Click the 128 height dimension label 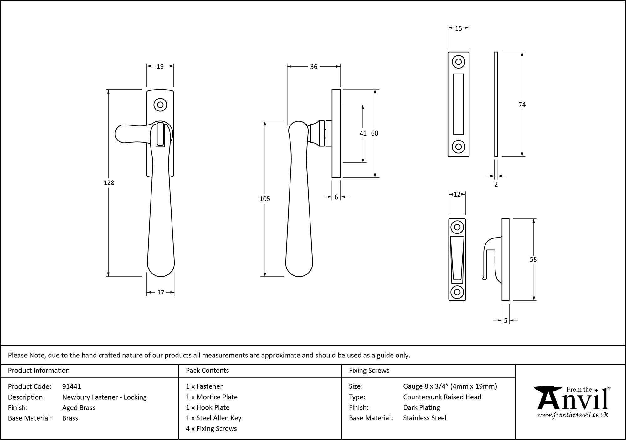[x=109, y=183]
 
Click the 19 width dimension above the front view [x=160, y=66]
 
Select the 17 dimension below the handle [x=161, y=292]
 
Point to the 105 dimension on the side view [x=265, y=199]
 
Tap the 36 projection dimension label [x=314, y=67]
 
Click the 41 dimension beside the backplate [x=363, y=133]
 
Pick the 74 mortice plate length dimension [x=522, y=105]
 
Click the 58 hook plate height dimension [x=533, y=259]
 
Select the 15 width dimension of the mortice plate [x=458, y=28]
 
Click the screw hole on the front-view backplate [x=160, y=105]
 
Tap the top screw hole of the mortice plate [x=458, y=62]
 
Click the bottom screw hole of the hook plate [x=457, y=292]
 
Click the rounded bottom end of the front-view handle [x=161, y=269]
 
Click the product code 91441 [x=72, y=386]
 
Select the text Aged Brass [x=79, y=407]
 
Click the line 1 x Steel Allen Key [x=213, y=418]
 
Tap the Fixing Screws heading [x=369, y=371]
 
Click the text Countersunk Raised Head [x=442, y=397]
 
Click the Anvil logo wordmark [x=573, y=401]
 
